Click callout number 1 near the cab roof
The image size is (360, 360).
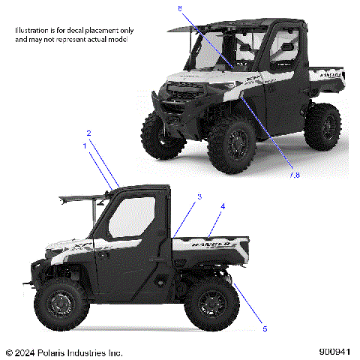pos(85,147)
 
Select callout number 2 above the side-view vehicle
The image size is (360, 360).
pos(88,133)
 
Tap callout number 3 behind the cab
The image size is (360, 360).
pos(199,197)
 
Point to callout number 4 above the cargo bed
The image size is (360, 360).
pos(222,205)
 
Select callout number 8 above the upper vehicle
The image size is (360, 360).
pos(180,7)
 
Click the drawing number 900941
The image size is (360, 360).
pos(334,352)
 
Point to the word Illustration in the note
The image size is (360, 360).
pos(35,30)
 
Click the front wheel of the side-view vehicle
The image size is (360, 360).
pos(59,306)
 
